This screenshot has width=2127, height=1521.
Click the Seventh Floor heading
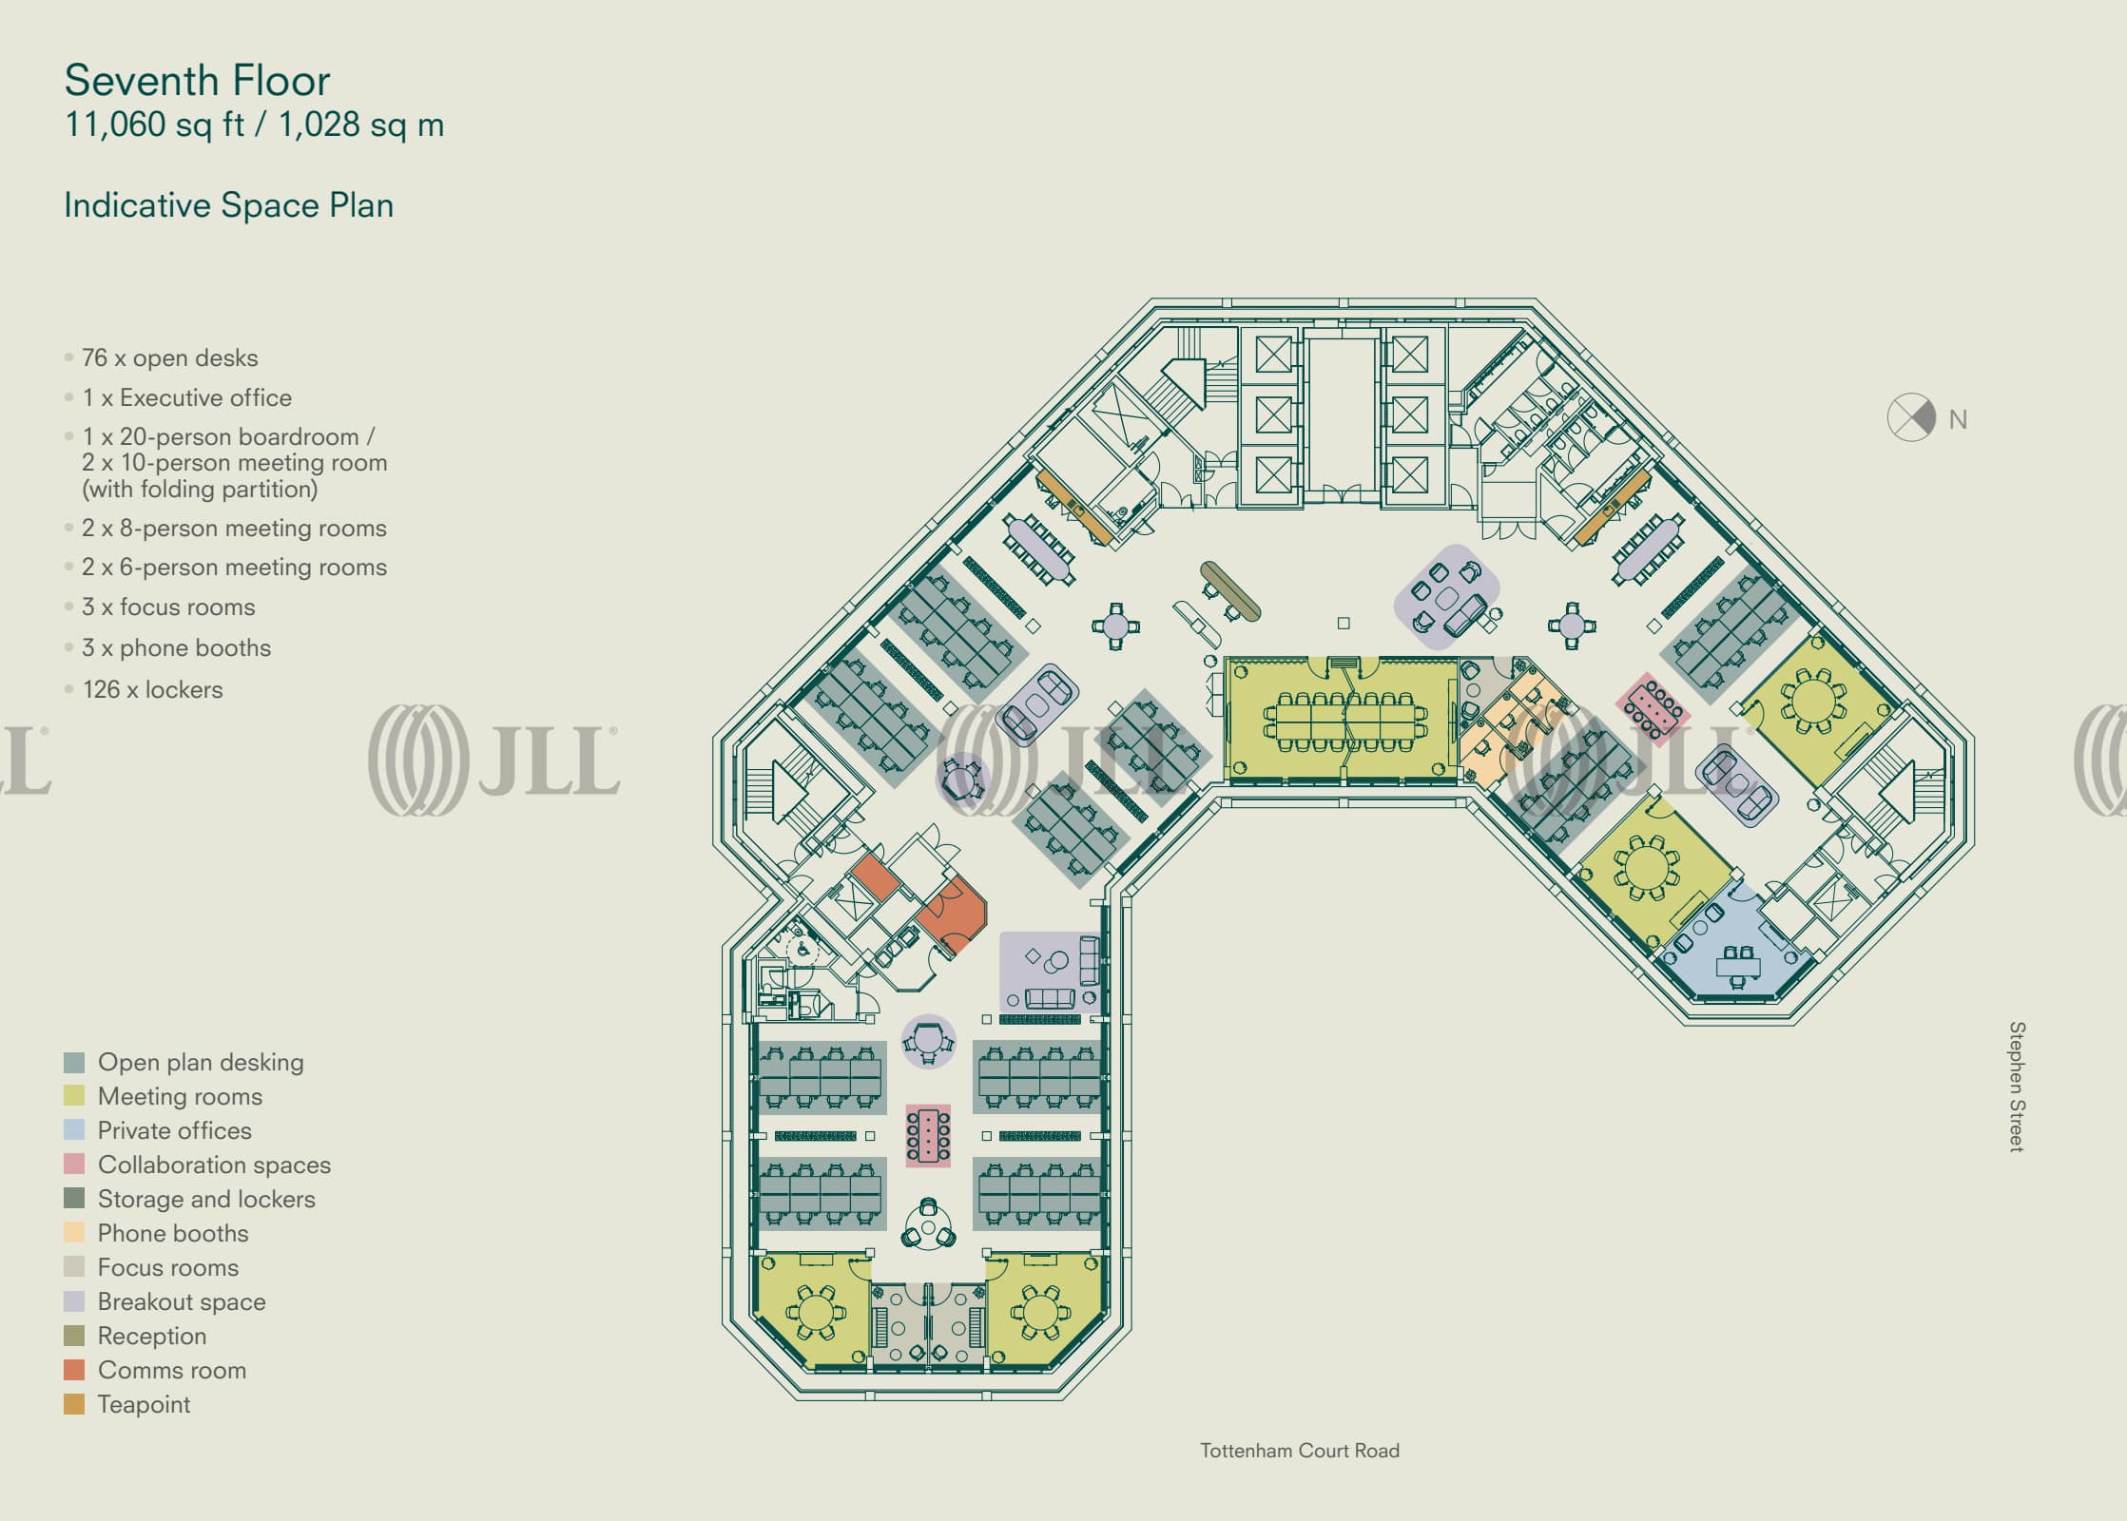[197, 81]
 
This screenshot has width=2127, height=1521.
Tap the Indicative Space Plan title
[228, 205]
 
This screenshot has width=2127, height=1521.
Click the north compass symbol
[1910, 417]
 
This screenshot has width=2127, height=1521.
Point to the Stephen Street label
[2016, 1087]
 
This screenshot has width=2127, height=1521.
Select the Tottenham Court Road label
[1299, 1451]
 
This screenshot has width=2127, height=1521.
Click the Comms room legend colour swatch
[74, 1370]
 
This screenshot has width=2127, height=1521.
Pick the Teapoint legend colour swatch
[74, 1404]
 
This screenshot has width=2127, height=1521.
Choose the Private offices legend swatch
[74, 1130]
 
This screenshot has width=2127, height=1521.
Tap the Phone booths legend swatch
[74, 1233]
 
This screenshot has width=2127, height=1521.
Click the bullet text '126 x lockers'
[152, 689]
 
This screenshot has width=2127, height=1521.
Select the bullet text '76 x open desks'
[169, 358]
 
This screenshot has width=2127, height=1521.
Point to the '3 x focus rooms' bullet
[167, 606]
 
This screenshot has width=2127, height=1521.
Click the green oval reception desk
[1230, 590]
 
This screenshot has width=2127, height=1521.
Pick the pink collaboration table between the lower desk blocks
[928, 1135]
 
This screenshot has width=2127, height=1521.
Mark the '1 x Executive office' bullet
[186, 397]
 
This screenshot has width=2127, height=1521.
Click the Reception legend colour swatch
[74, 1336]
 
